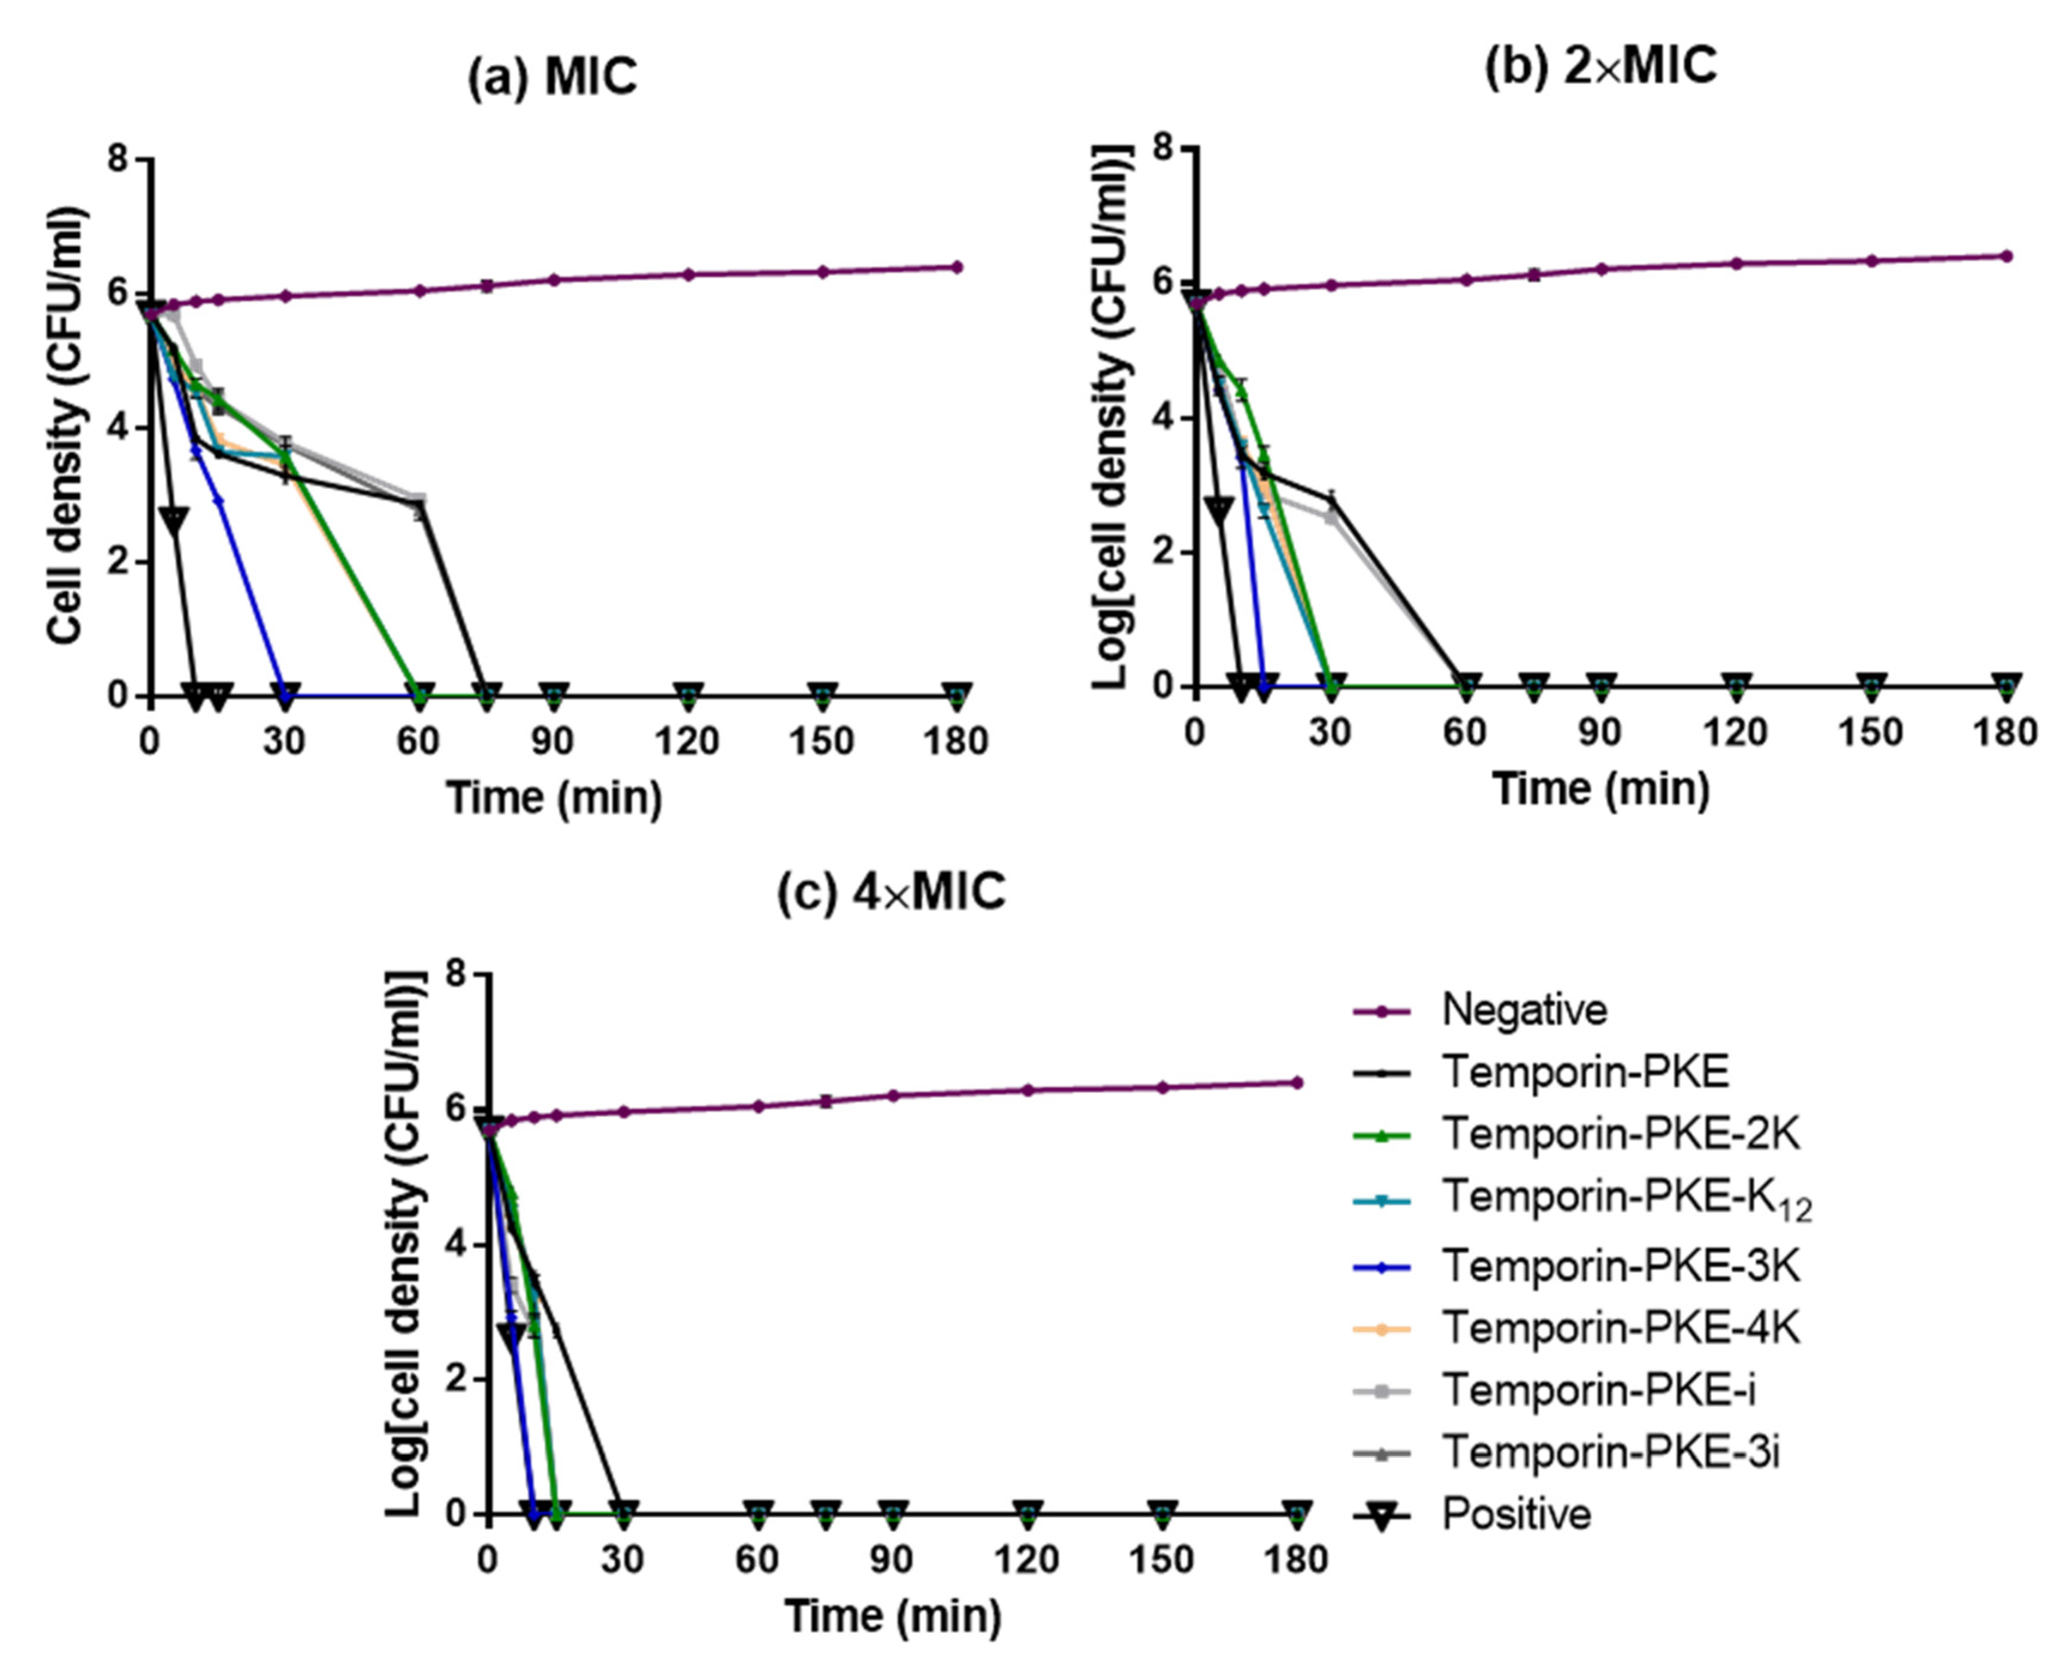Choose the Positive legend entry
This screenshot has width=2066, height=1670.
[x=1515, y=1514]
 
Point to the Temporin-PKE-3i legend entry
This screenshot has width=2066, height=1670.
[x=1610, y=1453]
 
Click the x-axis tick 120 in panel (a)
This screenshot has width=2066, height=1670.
[x=687, y=742]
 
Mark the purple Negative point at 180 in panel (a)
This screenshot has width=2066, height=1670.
[x=956, y=267]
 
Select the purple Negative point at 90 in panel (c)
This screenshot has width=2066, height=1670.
[x=893, y=1096]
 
